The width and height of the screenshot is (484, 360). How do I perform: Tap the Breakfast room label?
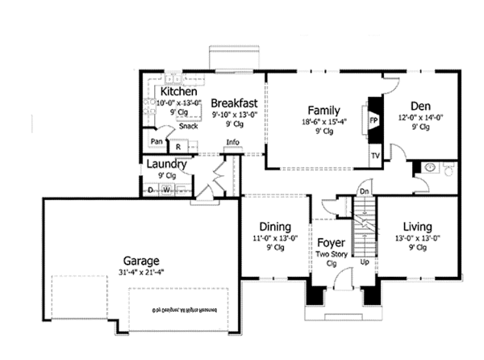click(234, 103)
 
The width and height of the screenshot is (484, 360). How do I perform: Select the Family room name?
click(323, 111)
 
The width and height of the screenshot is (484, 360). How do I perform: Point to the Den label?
click(419, 106)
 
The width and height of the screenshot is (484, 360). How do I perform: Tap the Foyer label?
click(331, 241)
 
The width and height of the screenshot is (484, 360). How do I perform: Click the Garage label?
click(140, 261)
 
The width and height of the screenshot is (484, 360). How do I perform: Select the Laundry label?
click(167, 165)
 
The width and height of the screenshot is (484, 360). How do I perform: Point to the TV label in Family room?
click(375, 154)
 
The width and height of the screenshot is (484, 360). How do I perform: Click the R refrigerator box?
click(177, 146)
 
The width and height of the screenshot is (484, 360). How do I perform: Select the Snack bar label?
click(189, 126)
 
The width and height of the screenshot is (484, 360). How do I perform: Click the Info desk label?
click(233, 144)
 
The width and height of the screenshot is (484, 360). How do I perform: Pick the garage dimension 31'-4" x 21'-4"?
click(140, 273)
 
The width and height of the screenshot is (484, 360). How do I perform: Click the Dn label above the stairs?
click(364, 191)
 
